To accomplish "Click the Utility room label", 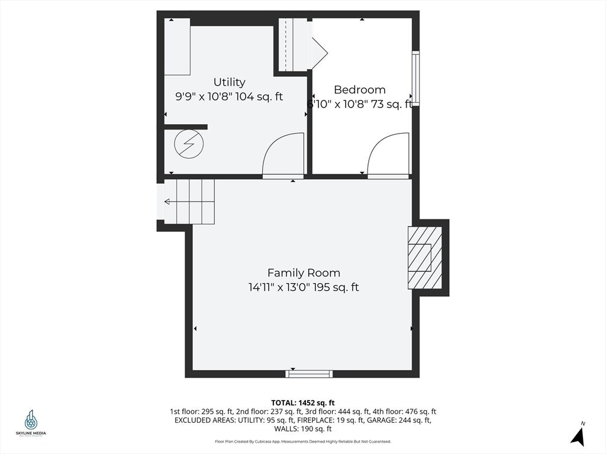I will click(229, 82).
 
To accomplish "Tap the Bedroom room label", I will click(359, 90).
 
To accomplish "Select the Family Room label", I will click(304, 273).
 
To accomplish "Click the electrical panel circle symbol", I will click(189, 144).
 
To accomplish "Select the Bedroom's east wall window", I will click(415, 78).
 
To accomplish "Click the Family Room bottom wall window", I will click(309, 374).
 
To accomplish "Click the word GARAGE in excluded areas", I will click(368, 420).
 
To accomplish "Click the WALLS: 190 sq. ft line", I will click(303, 429).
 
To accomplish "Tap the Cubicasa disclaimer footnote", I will click(303, 442).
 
